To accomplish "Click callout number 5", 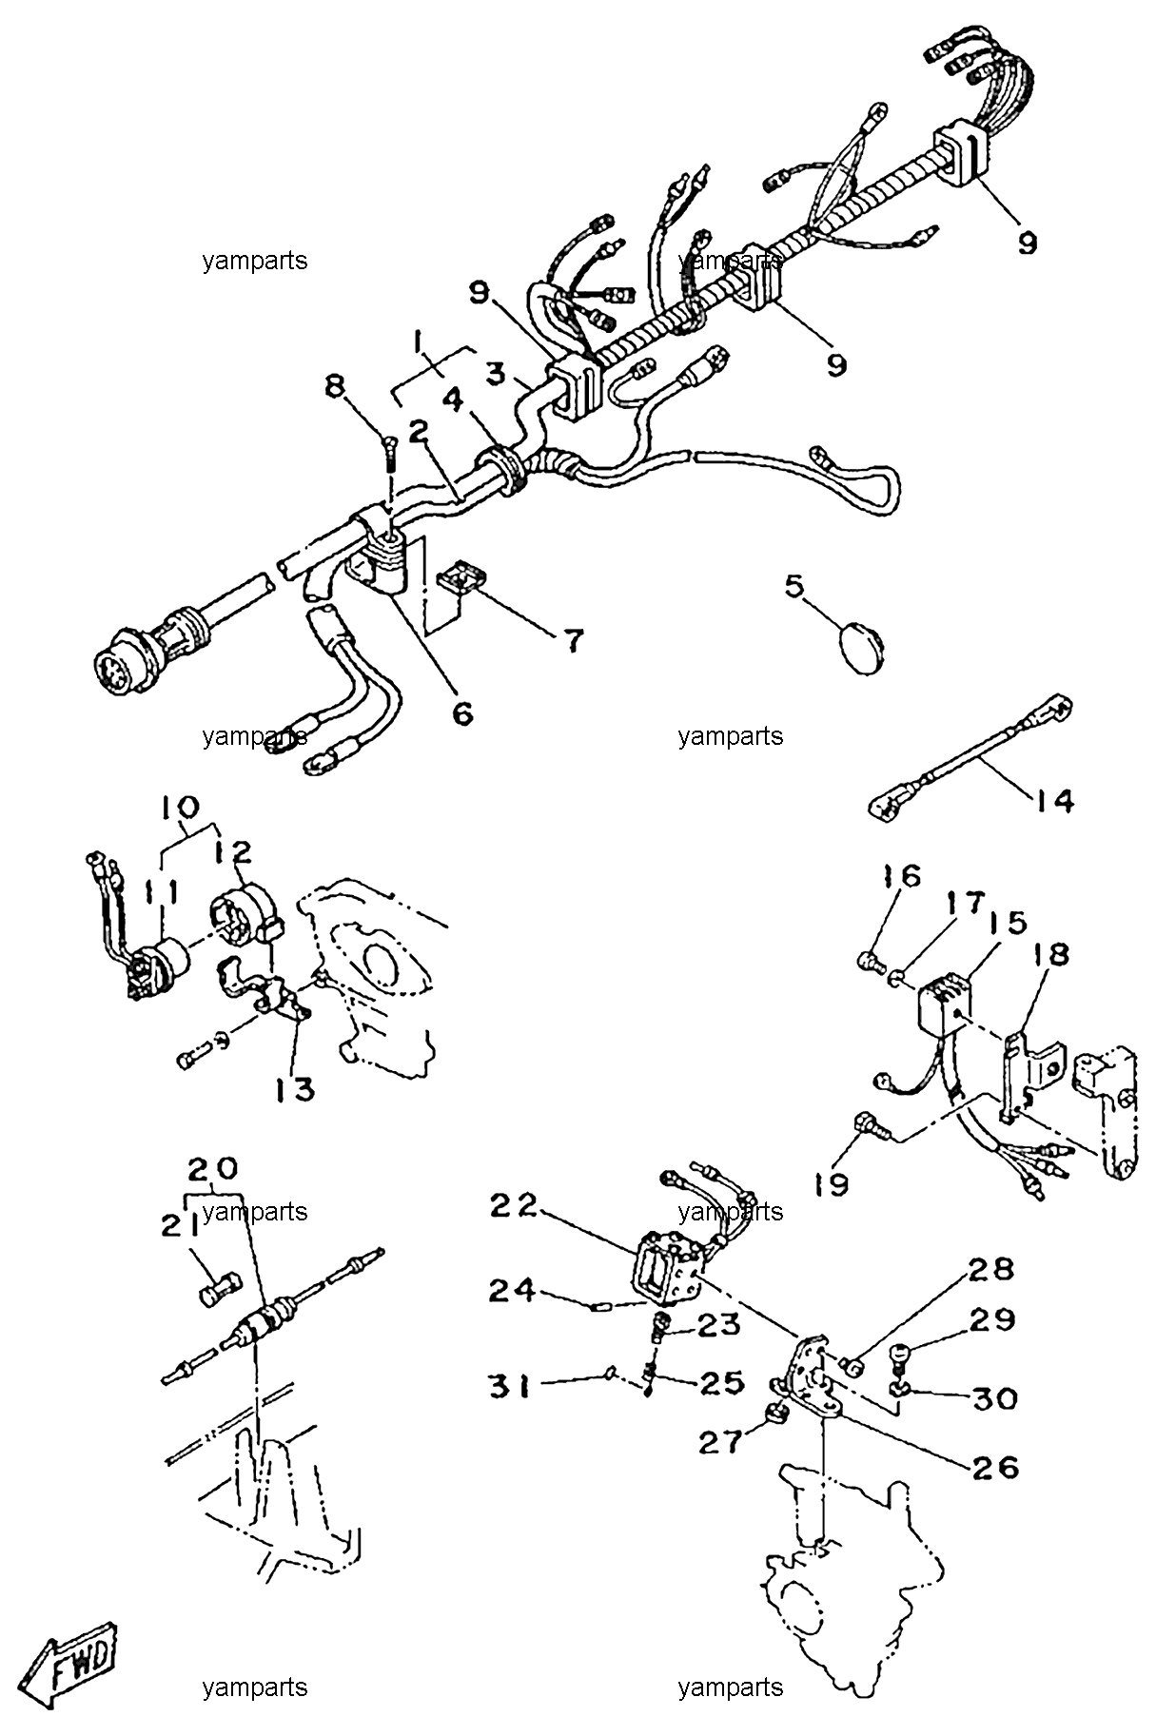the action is pos(794,586).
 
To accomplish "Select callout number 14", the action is pos(1052,801).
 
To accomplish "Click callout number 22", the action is pos(514,1205).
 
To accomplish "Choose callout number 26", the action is pos(995,1467).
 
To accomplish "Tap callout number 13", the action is pos(296,1089).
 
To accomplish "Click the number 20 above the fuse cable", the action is pos(213,1167).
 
